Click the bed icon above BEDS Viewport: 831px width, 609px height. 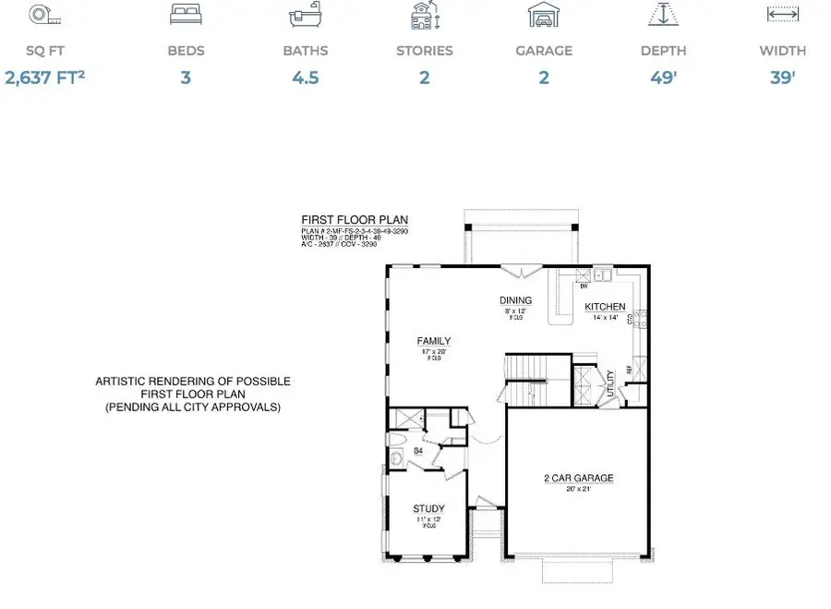tap(186, 16)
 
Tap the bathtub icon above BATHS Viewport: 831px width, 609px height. tap(305, 16)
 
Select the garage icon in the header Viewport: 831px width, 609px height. tap(543, 16)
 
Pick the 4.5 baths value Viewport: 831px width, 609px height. tap(305, 78)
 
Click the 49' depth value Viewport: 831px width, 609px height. tap(663, 78)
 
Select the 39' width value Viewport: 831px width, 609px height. tap(782, 78)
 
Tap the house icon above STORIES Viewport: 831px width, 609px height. tap(424, 16)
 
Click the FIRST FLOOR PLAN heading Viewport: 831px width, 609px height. tap(342, 220)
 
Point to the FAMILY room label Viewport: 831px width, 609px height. tap(433, 341)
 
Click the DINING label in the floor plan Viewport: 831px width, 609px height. tap(515, 300)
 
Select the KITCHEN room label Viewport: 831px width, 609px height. tap(605, 307)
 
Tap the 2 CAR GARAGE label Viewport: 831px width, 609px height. tap(578, 478)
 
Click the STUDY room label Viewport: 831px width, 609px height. tap(428, 508)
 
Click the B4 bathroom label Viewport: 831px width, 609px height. tap(417, 451)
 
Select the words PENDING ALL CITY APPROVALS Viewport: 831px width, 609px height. tap(193, 407)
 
